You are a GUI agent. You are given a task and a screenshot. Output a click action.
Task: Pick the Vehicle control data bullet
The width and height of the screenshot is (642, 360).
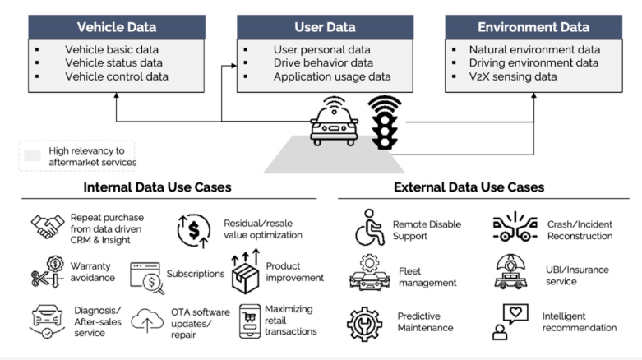click(x=117, y=76)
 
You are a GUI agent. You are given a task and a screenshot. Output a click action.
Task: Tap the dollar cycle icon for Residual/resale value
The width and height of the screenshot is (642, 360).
click(x=195, y=230)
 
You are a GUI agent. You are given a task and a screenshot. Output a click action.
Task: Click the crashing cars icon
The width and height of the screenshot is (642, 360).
click(x=515, y=228)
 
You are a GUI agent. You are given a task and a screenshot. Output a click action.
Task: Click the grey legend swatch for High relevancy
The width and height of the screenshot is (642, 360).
click(x=32, y=155)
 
